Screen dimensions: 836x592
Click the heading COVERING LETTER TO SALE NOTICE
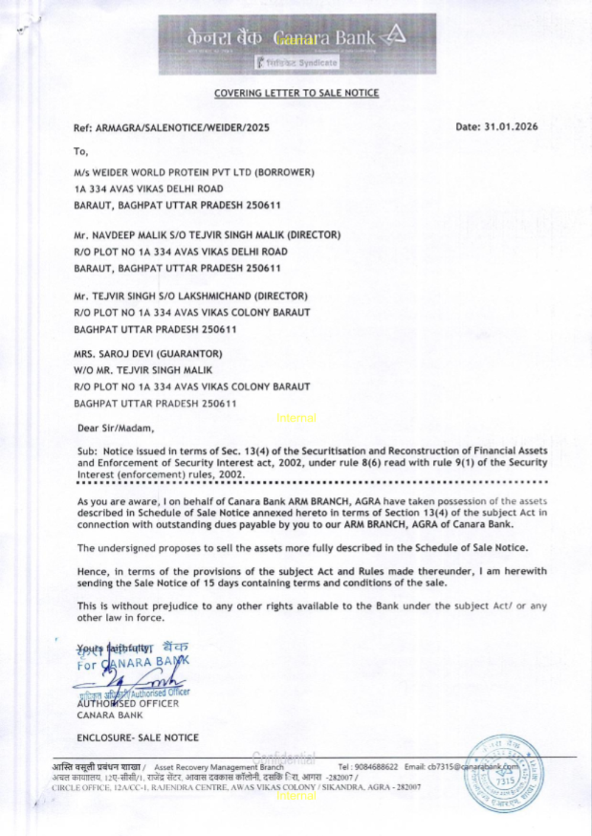pos(296,93)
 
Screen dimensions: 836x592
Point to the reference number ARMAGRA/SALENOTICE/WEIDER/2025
pos(182,127)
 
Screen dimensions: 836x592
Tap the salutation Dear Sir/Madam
pos(115,427)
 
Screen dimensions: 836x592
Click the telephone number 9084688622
pos(376,767)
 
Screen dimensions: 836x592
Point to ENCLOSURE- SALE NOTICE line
pos(137,738)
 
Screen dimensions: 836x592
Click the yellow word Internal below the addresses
pos(296,418)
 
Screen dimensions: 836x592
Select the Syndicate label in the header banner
pos(317,63)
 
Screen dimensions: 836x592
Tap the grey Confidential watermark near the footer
pos(284,757)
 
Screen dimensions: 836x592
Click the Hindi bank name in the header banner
pos(224,38)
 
